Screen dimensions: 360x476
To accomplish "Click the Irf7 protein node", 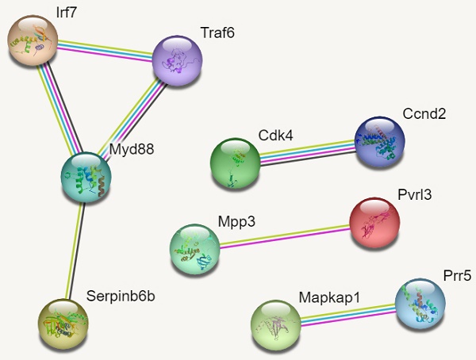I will [33, 40].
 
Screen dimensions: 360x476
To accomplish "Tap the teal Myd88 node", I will [86, 178].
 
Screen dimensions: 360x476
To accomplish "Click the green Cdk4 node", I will [235, 163].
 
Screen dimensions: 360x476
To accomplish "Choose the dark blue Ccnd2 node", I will [378, 142].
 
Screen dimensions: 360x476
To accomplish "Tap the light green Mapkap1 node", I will [275, 324].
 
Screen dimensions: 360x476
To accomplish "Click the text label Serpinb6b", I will [120, 297].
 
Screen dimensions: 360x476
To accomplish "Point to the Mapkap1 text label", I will [329, 297].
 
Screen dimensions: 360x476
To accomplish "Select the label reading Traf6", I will [217, 33].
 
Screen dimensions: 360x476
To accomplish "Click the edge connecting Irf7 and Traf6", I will [105, 49].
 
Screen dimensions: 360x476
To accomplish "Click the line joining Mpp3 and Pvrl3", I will [284, 236].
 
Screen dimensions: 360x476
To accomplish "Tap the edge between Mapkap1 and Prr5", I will [347, 313].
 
